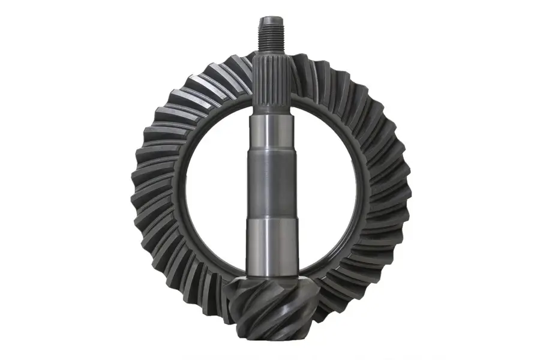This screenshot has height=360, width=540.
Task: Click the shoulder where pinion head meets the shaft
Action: click(271, 278)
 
